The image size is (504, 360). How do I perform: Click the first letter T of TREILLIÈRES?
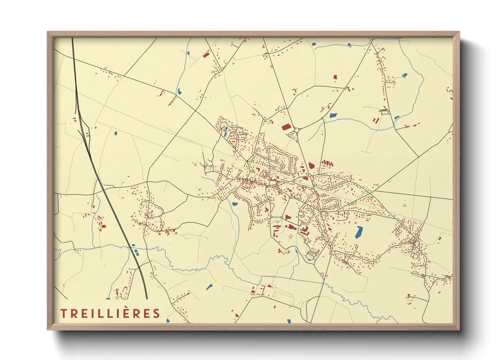click(x=63, y=313)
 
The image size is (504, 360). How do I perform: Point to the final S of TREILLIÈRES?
click(x=156, y=313)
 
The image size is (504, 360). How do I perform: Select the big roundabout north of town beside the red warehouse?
click(x=296, y=130)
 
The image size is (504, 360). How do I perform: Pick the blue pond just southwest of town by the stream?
click(x=235, y=204)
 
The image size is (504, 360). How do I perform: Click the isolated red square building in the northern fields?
click(x=335, y=78)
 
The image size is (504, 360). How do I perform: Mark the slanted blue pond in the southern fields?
click(x=209, y=287)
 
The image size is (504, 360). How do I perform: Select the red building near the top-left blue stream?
click(x=205, y=54)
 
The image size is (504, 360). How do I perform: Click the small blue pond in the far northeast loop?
click(x=404, y=76)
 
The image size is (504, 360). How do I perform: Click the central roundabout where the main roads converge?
click(x=310, y=176)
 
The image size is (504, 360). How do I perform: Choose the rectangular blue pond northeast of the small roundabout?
click(x=333, y=115)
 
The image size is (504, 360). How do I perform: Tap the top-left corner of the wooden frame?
click(x=48, y=32)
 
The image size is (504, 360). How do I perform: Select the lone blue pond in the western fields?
click(x=116, y=133)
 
